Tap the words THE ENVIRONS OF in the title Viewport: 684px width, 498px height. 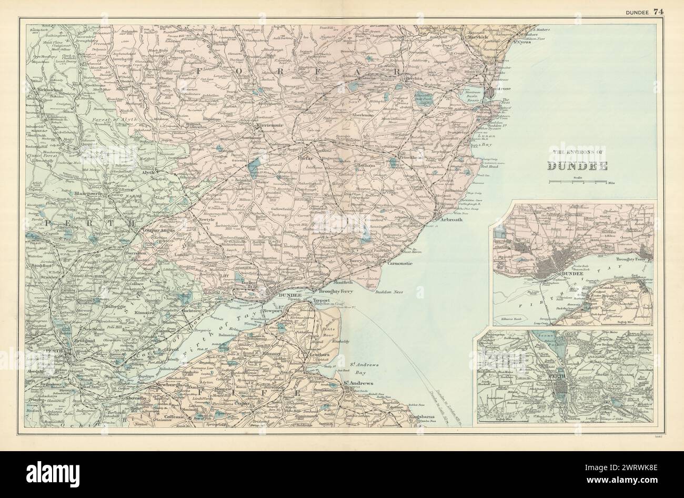pyautogui.click(x=577, y=154)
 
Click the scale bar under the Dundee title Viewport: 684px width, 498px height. pyautogui.click(x=577, y=182)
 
